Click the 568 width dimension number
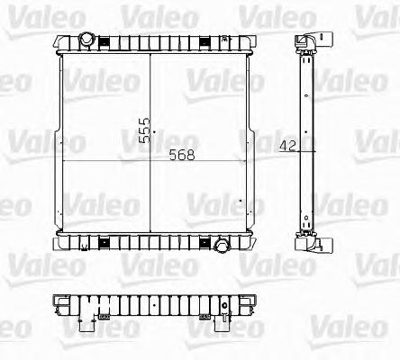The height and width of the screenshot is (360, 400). coord(181,154)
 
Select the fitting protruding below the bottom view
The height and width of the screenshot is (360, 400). coord(90,317)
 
